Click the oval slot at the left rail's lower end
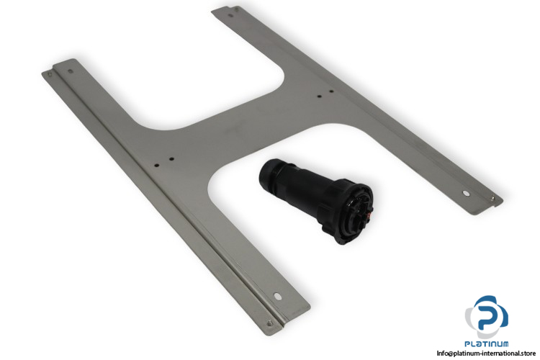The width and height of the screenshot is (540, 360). (x=277, y=296)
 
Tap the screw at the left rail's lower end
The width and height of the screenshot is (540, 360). (x=270, y=323)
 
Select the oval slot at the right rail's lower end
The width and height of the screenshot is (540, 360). (x=466, y=193)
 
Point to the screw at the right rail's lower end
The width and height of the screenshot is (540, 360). (x=492, y=198)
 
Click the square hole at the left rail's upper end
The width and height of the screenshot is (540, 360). (x=71, y=72)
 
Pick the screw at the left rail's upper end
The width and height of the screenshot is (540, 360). (x=50, y=73)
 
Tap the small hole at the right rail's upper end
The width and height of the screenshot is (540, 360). (x=230, y=15)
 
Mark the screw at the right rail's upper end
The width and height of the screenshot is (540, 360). (x=236, y=9)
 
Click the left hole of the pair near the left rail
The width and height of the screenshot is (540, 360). (x=157, y=165)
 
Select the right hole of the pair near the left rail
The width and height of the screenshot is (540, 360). (x=171, y=159)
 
